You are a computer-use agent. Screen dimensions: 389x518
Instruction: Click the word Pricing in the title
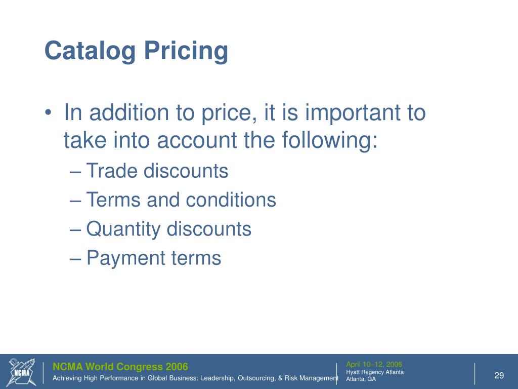tap(186, 52)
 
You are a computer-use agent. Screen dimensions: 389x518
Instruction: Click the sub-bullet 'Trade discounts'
tap(157, 171)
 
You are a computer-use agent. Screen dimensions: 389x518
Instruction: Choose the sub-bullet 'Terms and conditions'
tap(181, 200)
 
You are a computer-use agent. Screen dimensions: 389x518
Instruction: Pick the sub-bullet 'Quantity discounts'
tap(169, 229)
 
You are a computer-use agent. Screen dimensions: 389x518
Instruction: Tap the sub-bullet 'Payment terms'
tap(154, 258)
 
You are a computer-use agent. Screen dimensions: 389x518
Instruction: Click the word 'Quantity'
tap(123, 229)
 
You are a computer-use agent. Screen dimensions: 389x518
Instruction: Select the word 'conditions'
tap(231, 200)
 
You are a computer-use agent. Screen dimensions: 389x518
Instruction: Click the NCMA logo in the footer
tap(22, 372)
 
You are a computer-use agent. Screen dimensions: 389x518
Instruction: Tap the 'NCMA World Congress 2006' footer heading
tap(120, 367)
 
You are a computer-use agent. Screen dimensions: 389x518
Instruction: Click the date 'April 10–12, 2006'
tap(374, 364)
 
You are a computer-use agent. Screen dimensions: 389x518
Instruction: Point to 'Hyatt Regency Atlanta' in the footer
tap(374, 372)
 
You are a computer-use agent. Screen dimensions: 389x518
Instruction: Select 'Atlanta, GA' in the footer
tap(361, 379)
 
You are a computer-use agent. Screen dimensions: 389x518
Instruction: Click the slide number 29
tap(499, 375)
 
